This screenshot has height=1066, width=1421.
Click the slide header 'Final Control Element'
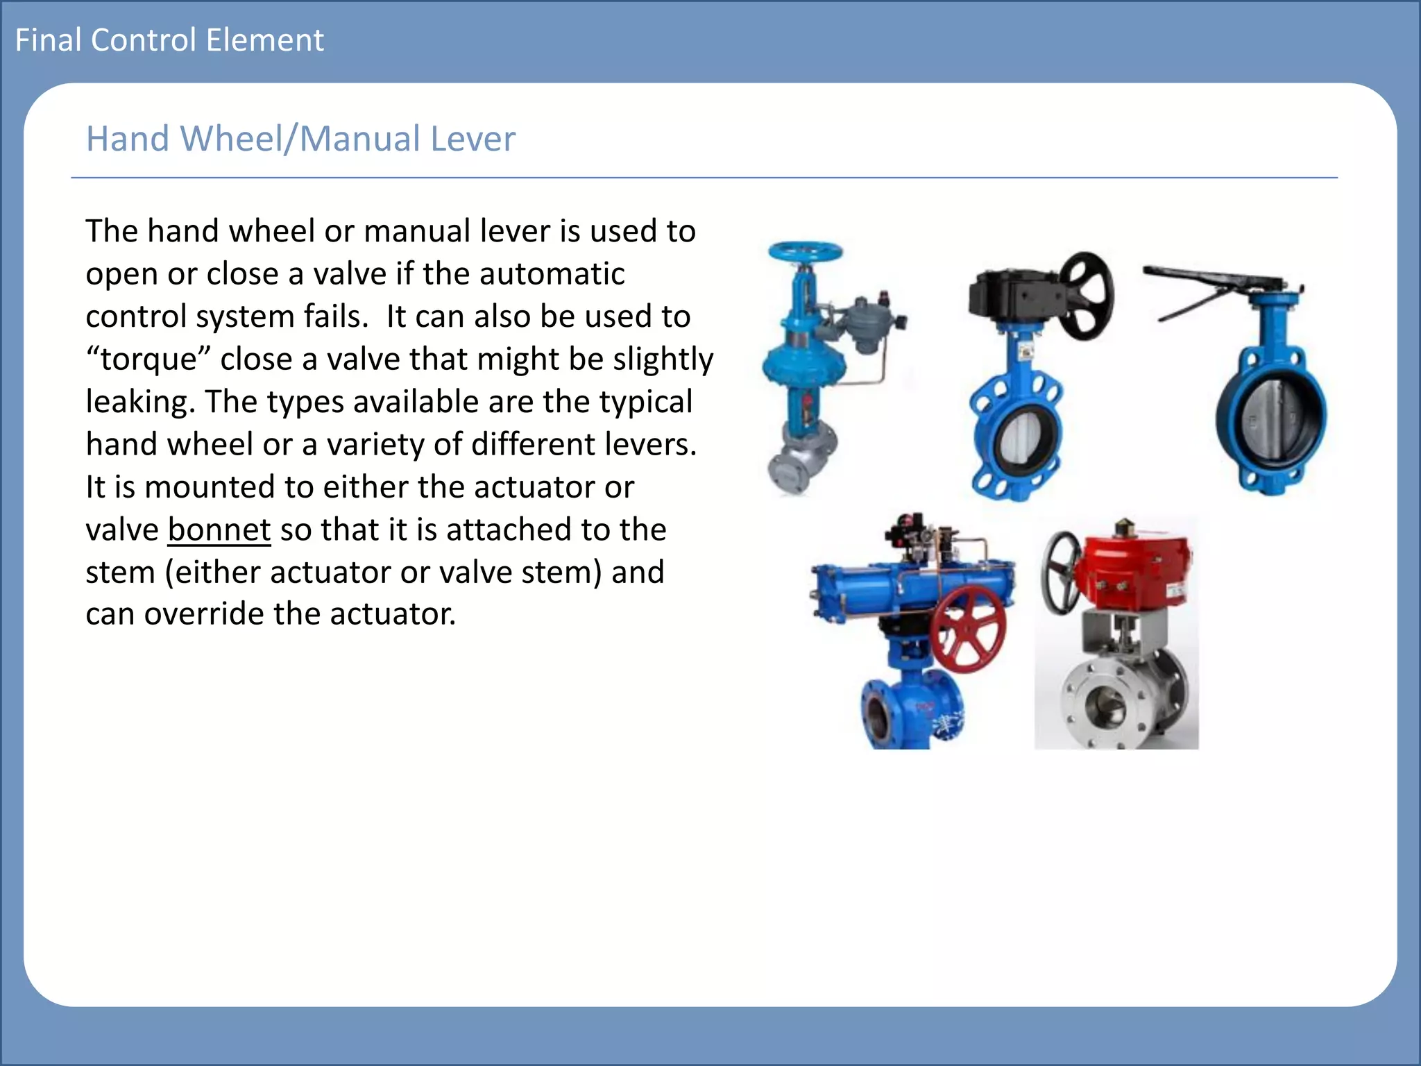click(169, 40)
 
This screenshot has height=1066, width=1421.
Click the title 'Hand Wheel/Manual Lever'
click(300, 139)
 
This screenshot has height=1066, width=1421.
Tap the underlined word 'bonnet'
click(219, 530)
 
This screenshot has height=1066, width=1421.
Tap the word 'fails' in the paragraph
click(336, 316)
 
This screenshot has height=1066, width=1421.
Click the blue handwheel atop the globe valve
click(805, 251)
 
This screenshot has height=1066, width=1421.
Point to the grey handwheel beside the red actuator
click(1061, 573)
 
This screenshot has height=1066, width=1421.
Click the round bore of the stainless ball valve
click(1102, 709)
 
